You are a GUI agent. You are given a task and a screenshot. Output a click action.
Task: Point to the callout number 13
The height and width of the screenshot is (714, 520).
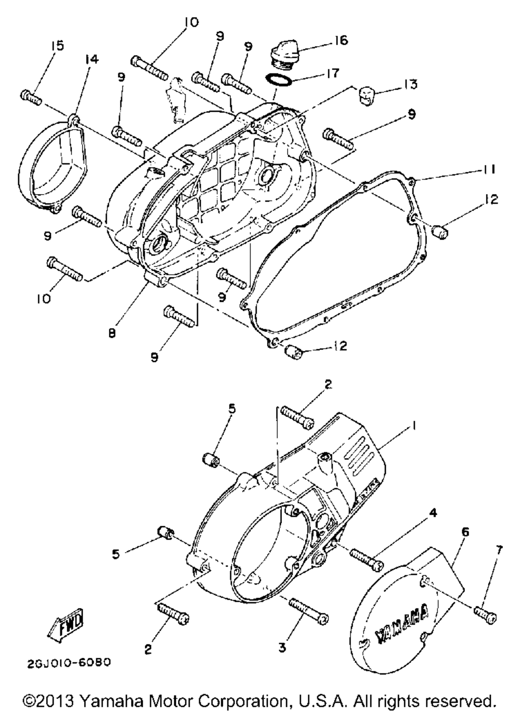(x=409, y=84)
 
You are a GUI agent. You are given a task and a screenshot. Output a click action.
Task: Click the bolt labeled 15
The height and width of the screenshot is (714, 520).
(x=31, y=97)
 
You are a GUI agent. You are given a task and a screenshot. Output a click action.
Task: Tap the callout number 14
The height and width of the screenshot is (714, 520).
(x=92, y=59)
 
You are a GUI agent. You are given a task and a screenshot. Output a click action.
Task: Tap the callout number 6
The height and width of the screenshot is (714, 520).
(x=464, y=532)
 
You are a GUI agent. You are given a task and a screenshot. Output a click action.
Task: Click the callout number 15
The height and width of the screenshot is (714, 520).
(x=57, y=45)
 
